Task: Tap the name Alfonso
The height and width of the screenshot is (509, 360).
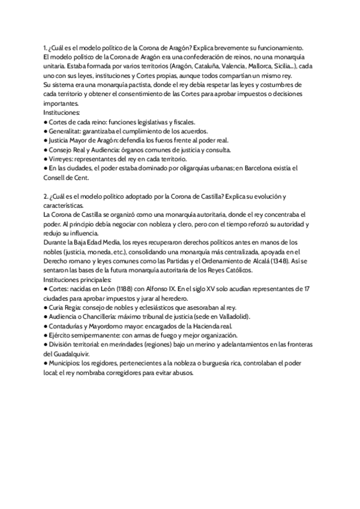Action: (152, 288)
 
